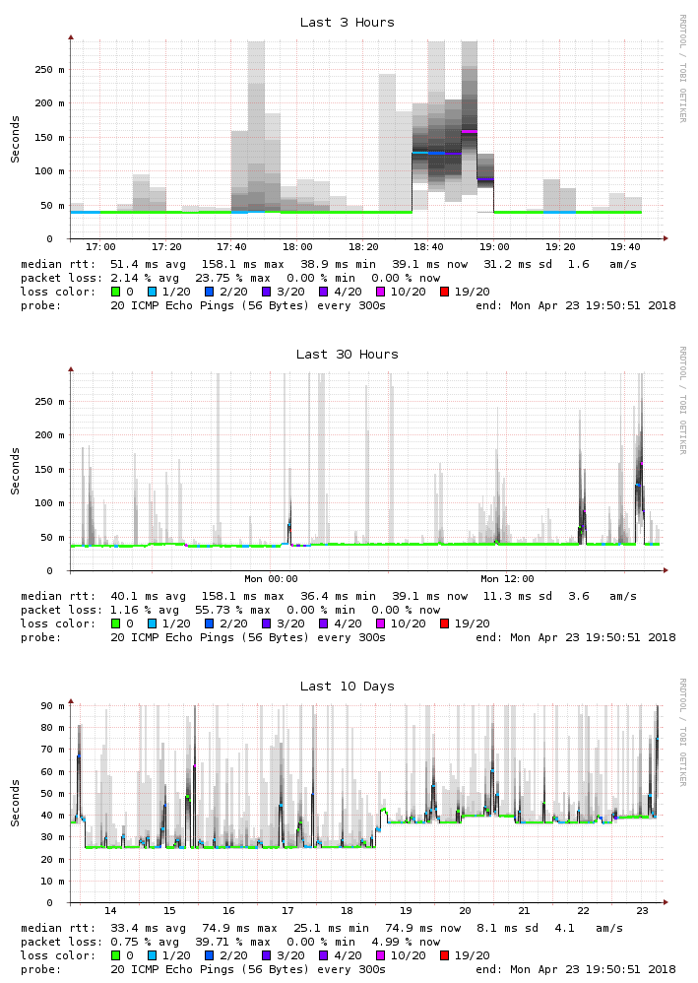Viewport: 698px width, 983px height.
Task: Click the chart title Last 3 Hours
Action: tap(348, 23)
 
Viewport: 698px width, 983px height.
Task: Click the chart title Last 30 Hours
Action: tap(348, 355)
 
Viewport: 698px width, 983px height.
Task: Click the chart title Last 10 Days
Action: tap(348, 687)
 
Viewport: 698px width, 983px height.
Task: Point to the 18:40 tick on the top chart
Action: tap(429, 247)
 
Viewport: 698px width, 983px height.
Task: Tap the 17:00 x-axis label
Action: tap(100, 247)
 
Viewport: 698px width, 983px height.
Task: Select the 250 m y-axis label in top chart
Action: tap(50, 70)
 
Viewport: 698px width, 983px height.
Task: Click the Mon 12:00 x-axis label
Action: tap(507, 579)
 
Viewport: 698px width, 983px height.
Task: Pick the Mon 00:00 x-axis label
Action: tap(271, 579)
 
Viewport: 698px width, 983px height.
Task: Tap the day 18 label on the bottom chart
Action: tap(347, 911)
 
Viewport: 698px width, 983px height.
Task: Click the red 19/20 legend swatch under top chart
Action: tap(446, 292)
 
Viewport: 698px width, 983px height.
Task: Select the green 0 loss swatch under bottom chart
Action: tap(115, 955)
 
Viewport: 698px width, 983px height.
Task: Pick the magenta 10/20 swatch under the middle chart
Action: tap(381, 623)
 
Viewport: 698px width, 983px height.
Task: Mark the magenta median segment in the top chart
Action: tap(469, 131)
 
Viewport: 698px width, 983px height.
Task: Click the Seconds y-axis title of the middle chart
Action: tap(16, 470)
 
